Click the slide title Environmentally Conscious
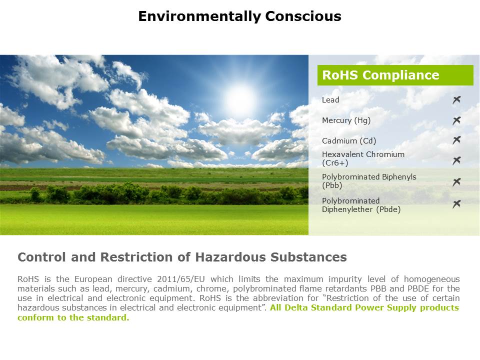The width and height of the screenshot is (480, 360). pyautogui.click(x=239, y=16)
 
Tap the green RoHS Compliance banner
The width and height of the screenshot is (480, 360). pyautogui.click(x=395, y=75)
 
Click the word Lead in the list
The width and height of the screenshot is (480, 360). pyautogui.click(x=330, y=100)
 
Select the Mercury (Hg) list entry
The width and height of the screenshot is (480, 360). pyautogui.click(x=346, y=120)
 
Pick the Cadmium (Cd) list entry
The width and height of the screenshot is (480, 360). pyautogui.click(x=349, y=141)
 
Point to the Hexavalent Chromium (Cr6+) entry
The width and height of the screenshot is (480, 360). pyautogui.click(x=363, y=158)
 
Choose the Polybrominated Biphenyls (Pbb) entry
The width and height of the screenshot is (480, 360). pyautogui.click(x=369, y=181)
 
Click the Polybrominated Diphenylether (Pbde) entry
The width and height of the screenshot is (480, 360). pyautogui.click(x=361, y=205)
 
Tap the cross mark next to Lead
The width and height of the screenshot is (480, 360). pyautogui.click(x=456, y=100)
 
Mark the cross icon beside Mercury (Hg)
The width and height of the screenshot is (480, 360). pyautogui.click(x=456, y=120)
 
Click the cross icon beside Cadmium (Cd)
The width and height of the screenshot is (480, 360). pyautogui.click(x=456, y=140)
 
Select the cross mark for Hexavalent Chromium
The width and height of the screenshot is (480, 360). pyautogui.click(x=456, y=160)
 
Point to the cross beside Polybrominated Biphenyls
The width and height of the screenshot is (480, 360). pyautogui.click(x=456, y=182)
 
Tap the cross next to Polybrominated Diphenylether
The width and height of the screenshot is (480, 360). pyautogui.click(x=456, y=204)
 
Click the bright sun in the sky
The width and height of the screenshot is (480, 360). pyautogui.click(x=240, y=100)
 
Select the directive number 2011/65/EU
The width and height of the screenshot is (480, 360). pyautogui.click(x=180, y=279)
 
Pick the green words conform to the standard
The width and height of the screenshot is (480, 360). pyautogui.click(x=73, y=317)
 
